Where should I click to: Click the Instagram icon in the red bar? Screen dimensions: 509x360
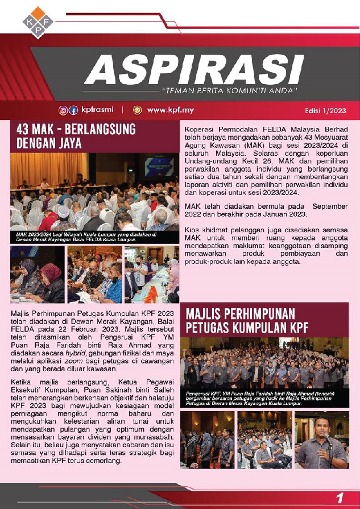coord(63,110)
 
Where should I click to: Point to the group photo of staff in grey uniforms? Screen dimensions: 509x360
coord(264,364)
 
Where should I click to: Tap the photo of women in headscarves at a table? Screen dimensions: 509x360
coord(38,274)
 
